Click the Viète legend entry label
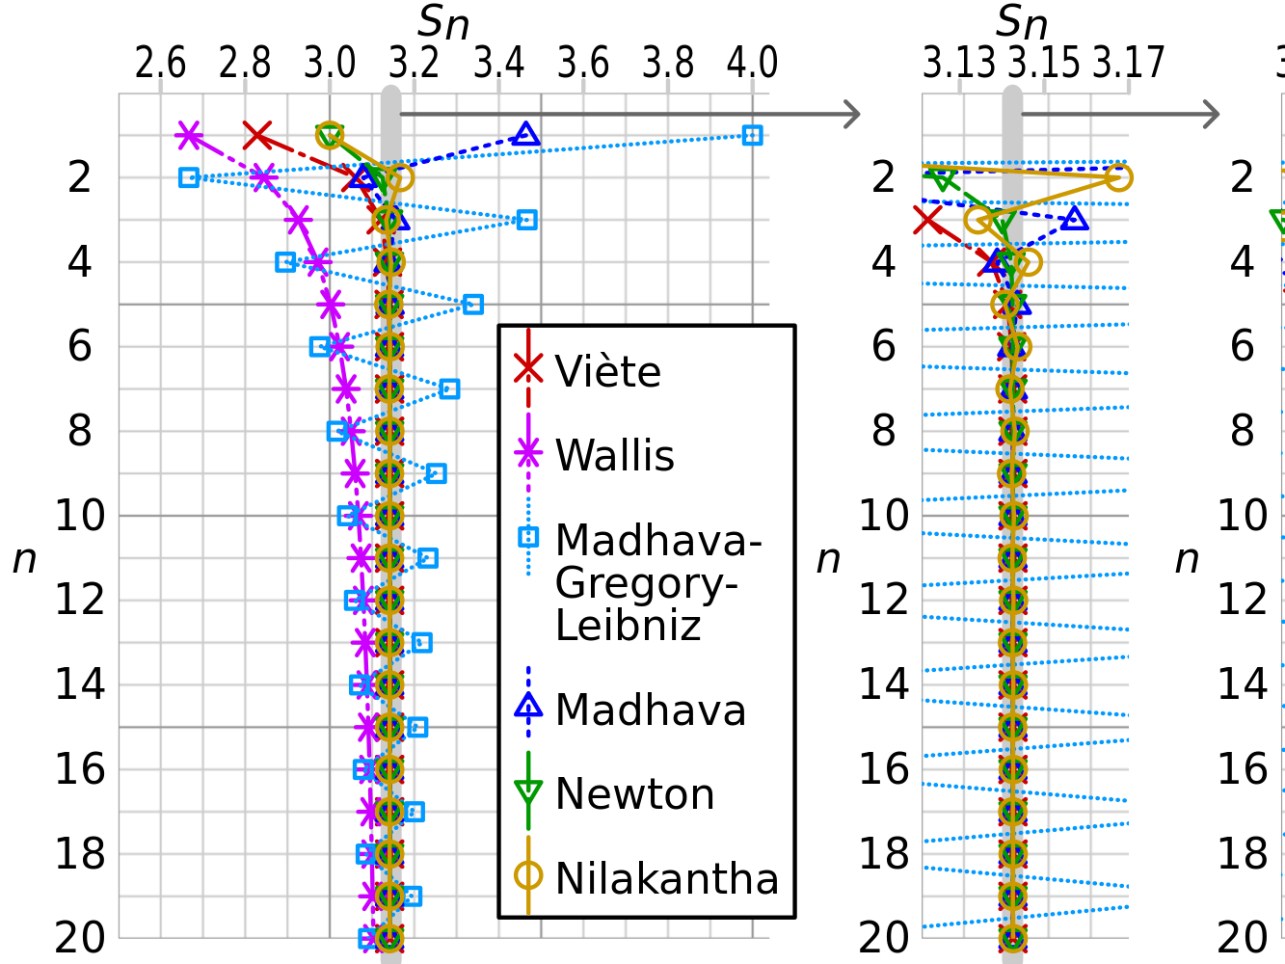(x=607, y=371)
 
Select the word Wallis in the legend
(x=614, y=455)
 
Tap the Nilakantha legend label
(x=666, y=878)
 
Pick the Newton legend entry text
(x=634, y=794)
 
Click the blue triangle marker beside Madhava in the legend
(x=528, y=708)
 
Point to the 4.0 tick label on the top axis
(x=752, y=64)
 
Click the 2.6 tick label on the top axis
(x=160, y=64)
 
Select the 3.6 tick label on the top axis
(x=583, y=64)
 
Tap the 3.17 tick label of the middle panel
(x=1129, y=64)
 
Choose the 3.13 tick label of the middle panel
(x=959, y=64)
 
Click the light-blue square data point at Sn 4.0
(x=753, y=135)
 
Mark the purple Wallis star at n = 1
(x=189, y=135)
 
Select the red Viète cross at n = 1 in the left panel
(x=256, y=135)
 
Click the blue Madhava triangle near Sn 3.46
(x=525, y=134)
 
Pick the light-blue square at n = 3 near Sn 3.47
(x=526, y=220)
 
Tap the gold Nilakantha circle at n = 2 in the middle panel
(x=1118, y=177)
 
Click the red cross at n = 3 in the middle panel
(x=927, y=220)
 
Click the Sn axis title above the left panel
(x=443, y=23)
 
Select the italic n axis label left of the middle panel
(x=828, y=558)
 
